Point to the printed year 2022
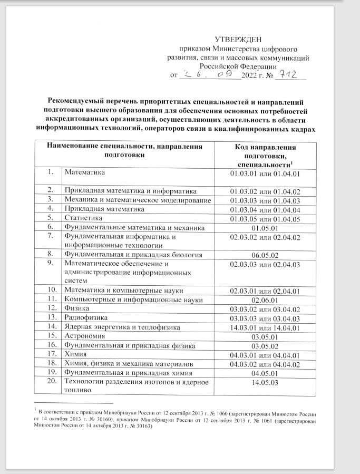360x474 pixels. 249,75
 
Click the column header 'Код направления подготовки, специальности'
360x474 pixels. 265,156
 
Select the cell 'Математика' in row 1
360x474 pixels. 85,172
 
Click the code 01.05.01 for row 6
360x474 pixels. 265,228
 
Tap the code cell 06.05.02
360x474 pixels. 265,255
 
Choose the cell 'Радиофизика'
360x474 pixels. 86,318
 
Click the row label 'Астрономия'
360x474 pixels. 85,336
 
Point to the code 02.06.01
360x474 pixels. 265,299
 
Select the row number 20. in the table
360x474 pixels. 52,382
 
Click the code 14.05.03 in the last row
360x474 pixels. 265,382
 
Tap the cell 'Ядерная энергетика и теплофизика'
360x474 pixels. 122,327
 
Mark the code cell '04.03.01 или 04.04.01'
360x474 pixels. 265,355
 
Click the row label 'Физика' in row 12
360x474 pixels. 76,308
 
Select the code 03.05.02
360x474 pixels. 265,346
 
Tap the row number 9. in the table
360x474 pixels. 52,263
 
